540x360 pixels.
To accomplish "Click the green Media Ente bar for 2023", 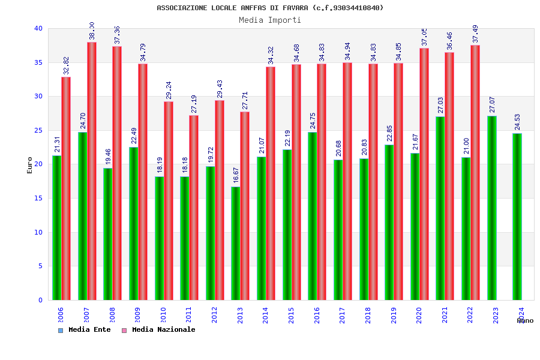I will [x=491, y=208].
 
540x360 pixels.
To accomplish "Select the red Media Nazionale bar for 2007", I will [x=92, y=171].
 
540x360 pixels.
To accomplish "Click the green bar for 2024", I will [x=517, y=217].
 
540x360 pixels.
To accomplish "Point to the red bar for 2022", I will [x=475, y=172].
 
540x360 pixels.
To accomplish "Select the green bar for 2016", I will [x=313, y=216].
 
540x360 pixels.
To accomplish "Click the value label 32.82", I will [x=67, y=65].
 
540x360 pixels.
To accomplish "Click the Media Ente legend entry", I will [x=85, y=330].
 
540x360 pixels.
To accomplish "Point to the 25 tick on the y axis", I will [x=38, y=130].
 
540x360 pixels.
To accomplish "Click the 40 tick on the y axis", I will [x=38, y=28].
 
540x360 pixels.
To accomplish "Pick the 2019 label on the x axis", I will [x=394, y=315].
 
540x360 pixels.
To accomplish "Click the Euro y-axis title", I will [x=30, y=165].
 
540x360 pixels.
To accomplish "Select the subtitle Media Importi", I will [x=270, y=20].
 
